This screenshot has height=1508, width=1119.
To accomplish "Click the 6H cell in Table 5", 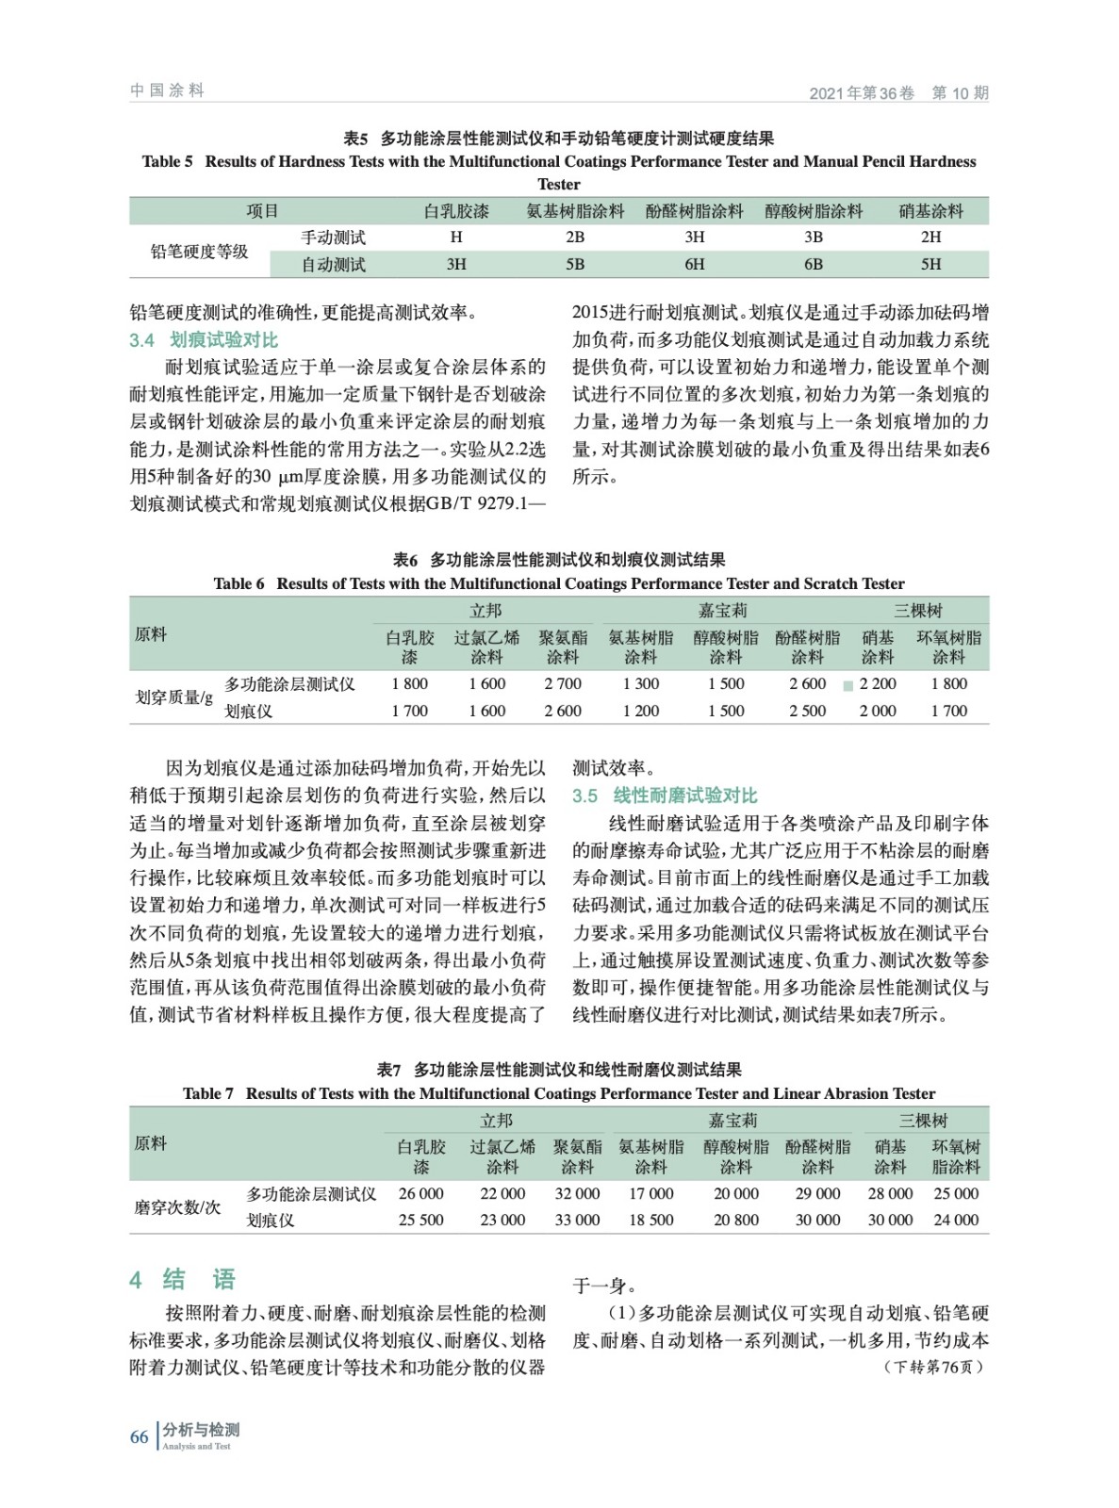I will [694, 265].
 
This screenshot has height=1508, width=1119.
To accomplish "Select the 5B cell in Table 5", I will [575, 265].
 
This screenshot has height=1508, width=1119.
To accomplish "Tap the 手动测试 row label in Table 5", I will [333, 238].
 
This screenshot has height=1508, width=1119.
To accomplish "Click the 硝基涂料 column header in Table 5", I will [930, 211].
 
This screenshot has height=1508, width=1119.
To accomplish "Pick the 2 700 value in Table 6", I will [563, 683].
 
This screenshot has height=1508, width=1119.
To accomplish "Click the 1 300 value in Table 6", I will [640, 683].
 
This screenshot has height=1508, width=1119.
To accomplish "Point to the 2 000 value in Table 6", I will [877, 711].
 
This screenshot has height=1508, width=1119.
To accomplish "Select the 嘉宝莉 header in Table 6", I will [723, 610].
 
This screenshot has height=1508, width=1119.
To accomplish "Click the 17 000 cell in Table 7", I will [650, 1193].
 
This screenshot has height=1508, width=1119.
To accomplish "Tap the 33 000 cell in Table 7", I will [577, 1220].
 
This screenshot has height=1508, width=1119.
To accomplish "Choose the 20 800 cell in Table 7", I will [735, 1220].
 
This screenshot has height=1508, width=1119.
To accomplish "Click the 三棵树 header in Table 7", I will [923, 1120].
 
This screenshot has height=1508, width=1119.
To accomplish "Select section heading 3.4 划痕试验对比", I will [204, 340].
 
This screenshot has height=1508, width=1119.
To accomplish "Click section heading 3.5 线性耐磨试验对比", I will [665, 795].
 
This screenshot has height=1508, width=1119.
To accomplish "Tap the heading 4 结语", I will [182, 1279].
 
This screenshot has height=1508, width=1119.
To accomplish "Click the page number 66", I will [139, 1436].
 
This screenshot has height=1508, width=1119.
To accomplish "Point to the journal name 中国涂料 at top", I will [167, 90].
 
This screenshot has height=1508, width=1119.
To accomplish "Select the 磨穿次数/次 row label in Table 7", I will [177, 1206].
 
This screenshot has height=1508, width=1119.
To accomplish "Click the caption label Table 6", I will [239, 583].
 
